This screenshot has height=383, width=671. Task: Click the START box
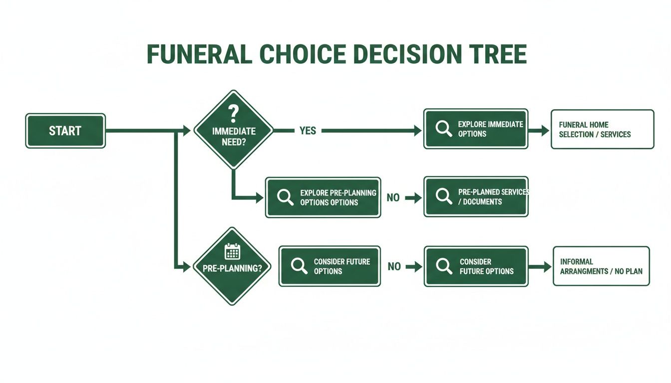coord(65,131)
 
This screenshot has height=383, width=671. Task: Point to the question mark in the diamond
coord(233,113)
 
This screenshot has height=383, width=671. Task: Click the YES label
coord(308,131)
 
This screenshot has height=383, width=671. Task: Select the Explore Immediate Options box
coord(475,129)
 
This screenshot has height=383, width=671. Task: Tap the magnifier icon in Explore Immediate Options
coord(443,129)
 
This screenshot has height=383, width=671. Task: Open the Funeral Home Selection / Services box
coord(602,129)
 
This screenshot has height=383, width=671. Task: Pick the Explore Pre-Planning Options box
coord(323,197)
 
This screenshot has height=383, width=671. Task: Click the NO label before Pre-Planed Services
coord(393,198)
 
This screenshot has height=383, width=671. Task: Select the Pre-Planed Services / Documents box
coord(476,196)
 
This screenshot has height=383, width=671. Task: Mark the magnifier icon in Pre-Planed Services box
coord(443,196)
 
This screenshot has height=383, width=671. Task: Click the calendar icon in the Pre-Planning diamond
coord(232,251)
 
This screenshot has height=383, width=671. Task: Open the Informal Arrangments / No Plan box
coord(601,266)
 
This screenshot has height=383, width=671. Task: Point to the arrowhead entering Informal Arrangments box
coord(546,267)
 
